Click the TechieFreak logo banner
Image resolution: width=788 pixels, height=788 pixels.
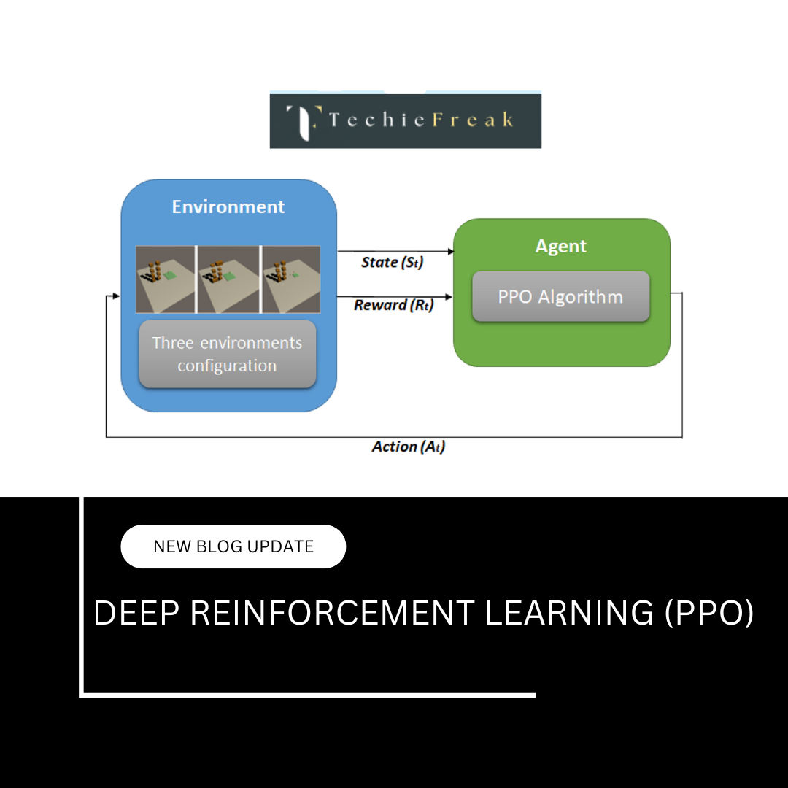pos(405,120)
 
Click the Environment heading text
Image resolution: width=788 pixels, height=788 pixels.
pos(228,207)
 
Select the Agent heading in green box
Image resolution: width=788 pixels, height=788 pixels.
pos(560,247)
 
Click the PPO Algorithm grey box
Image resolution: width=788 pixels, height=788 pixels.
pos(560,297)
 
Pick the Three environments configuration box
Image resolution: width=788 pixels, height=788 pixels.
pos(227,354)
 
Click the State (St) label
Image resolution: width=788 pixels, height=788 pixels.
pos(393,262)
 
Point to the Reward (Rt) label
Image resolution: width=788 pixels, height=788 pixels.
pos(393,305)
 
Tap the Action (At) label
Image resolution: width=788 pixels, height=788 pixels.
pos(408,447)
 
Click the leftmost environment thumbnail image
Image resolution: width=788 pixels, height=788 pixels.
pos(166,279)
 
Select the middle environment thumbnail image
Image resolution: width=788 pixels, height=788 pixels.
pos(228,279)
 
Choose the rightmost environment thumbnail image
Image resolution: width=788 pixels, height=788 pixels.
pos(290,279)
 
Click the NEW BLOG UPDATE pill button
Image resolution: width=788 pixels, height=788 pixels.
pos(233,546)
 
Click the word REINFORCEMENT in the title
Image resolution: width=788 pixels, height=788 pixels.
pos(332,613)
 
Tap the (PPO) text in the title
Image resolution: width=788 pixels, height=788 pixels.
pos(708,613)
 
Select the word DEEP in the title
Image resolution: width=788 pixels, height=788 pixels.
pos(136,613)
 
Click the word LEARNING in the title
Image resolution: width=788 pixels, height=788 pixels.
pos(570,613)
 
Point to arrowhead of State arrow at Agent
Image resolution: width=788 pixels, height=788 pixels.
pos(450,252)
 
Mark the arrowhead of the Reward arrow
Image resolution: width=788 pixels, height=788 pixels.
pos(450,296)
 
